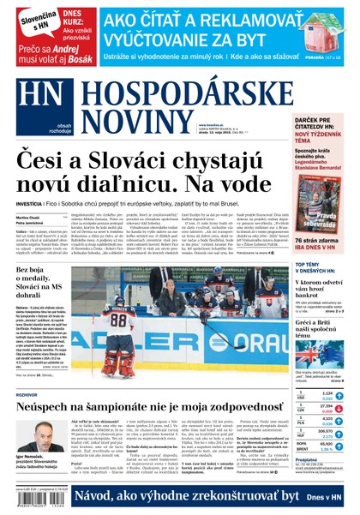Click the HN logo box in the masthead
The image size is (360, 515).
[x=31, y=95]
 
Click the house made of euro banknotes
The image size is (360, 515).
[x=324, y=33]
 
